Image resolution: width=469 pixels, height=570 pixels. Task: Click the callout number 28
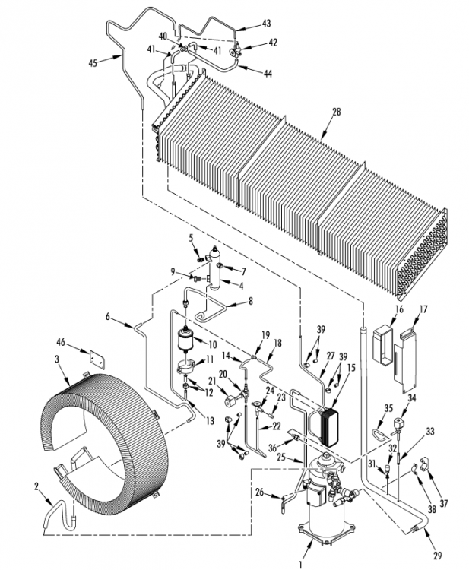coord(337,112)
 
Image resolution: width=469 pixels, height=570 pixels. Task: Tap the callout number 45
coord(93,63)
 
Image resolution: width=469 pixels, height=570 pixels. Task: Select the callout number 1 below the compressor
coord(301,565)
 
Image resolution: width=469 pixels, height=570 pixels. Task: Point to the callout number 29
coord(437,556)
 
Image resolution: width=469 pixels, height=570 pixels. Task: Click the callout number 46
coord(61,342)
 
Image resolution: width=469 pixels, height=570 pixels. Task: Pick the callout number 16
coord(399,309)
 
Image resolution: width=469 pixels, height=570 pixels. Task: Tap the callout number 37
coord(443,503)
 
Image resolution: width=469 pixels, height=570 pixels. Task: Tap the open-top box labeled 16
coord(383,344)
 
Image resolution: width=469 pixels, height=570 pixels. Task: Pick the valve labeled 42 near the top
coord(234,50)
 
